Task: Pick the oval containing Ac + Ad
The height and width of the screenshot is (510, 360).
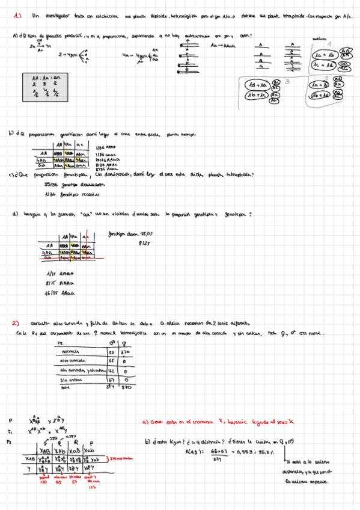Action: point(325,64)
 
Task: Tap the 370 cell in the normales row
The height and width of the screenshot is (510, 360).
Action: point(126,352)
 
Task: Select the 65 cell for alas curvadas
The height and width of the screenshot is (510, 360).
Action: point(111,361)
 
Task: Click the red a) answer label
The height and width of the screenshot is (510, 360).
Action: point(147,422)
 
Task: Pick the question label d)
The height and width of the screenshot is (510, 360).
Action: point(15,214)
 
